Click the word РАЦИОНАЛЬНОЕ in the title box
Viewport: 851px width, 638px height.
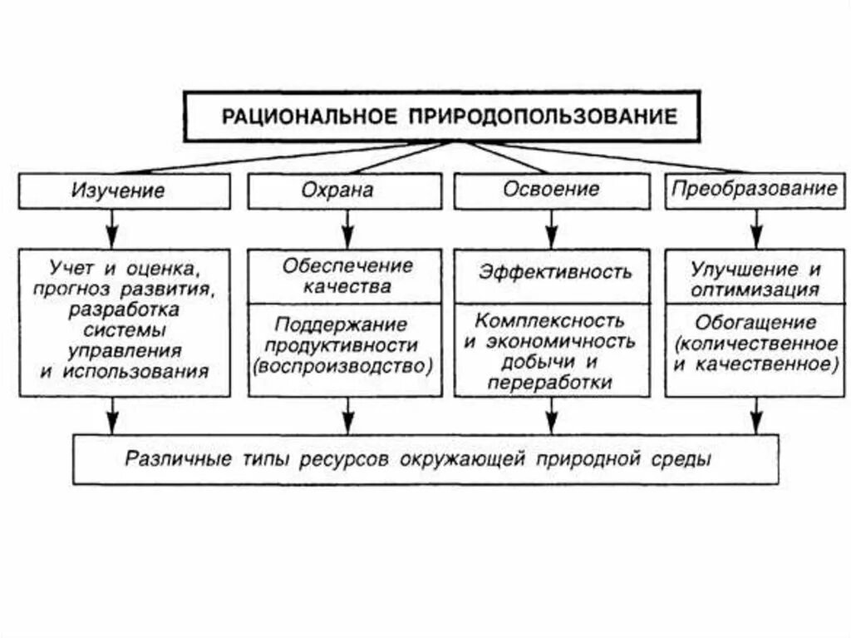tap(308, 116)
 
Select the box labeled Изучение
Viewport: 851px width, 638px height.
tap(125, 190)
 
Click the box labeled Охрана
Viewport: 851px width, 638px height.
tap(345, 190)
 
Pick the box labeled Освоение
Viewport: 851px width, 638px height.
tap(551, 190)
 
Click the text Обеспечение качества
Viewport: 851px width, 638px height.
tap(347, 277)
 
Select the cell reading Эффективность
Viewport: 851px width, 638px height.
tap(554, 272)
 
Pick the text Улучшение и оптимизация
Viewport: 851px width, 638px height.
tap(755, 280)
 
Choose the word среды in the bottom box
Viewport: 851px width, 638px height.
tap(686, 458)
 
